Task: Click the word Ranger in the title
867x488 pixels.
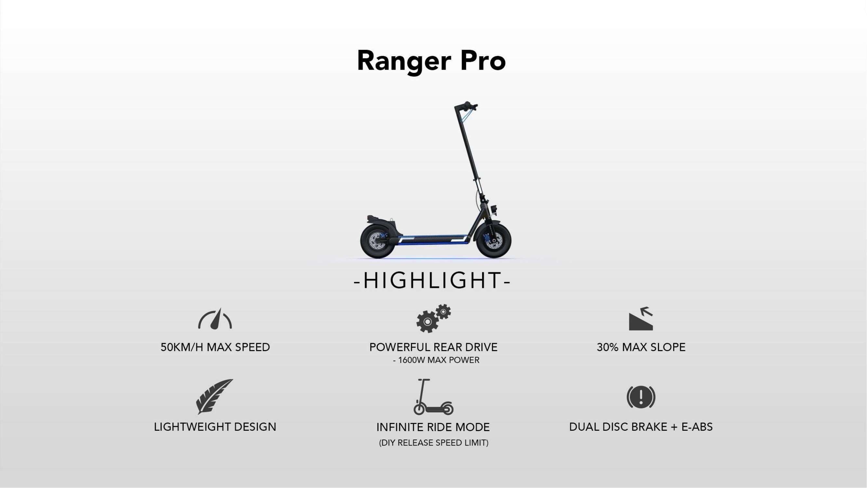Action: [404, 61]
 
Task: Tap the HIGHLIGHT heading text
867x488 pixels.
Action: [432, 280]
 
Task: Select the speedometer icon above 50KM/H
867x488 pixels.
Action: [215, 319]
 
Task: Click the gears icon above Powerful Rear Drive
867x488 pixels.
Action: [434, 319]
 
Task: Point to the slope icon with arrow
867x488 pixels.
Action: [641, 319]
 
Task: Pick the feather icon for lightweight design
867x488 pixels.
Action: [215, 396]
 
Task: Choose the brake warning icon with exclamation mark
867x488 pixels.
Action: [641, 397]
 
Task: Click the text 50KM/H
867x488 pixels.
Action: [182, 347]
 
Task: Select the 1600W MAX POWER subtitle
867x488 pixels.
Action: [436, 360]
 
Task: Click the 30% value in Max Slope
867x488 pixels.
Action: [608, 347]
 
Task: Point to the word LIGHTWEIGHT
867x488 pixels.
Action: [192, 427]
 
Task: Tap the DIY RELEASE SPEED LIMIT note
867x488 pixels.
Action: [434, 443]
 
